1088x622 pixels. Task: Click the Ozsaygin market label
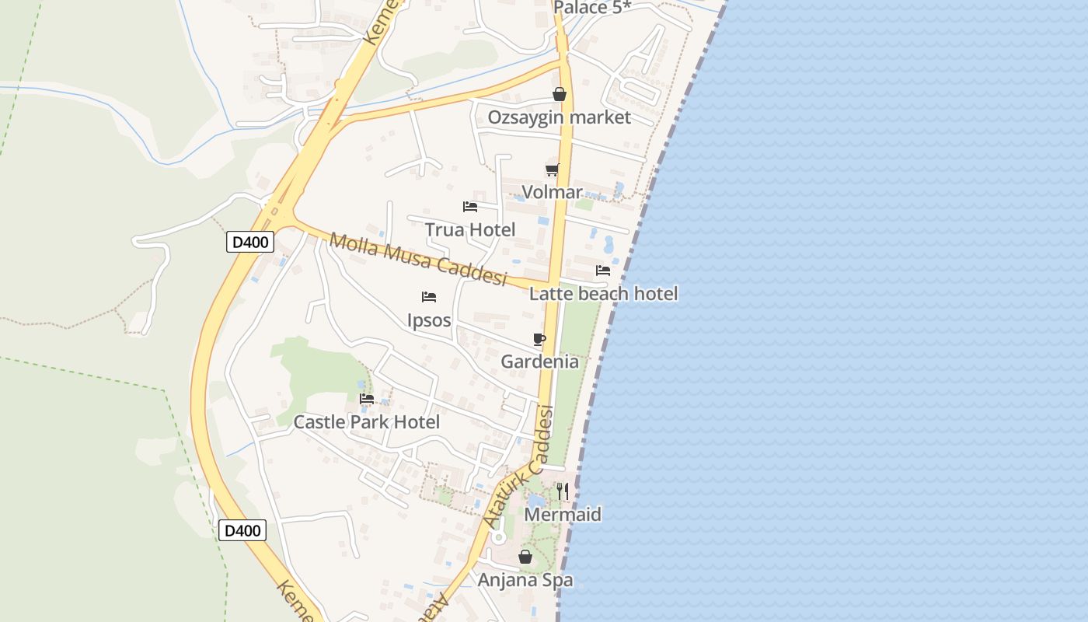(559, 117)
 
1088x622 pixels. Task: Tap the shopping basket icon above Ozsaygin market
(559, 95)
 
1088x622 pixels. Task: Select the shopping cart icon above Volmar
(552, 170)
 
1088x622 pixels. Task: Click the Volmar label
(552, 192)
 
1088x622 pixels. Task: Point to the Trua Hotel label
(469, 229)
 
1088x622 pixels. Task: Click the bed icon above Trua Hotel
(470, 207)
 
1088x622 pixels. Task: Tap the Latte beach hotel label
(603, 293)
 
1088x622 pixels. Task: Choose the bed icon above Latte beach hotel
(603, 271)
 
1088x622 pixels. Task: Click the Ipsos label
(429, 320)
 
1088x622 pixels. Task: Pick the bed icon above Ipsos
(429, 297)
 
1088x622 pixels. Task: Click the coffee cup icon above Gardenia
(539, 339)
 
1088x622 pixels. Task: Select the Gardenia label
(539, 362)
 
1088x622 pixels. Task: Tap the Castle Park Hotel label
(366, 422)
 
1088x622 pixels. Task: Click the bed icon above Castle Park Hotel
(367, 399)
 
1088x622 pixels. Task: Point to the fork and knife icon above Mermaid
(563, 491)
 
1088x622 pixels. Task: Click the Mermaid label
(563, 515)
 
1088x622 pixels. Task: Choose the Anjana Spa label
(525, 580)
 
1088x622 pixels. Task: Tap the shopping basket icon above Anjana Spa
(525, 557)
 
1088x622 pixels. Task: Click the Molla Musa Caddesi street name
(418, 259)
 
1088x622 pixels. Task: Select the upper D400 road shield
(250, 242)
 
